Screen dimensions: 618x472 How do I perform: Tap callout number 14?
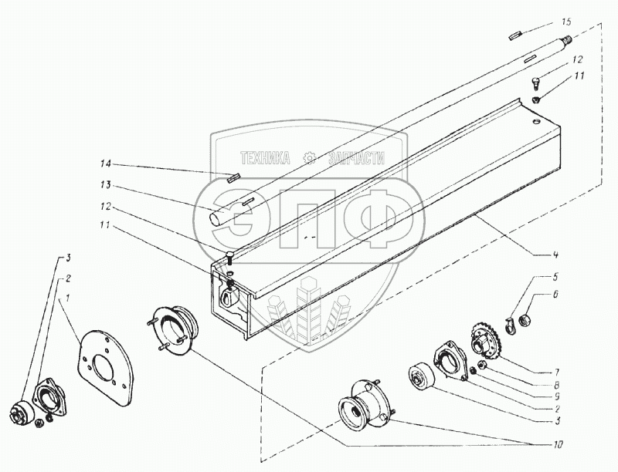click(105, 164)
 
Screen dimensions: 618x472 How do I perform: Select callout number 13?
click(106, 185)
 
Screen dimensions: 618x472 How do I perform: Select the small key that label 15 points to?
click(515, 35)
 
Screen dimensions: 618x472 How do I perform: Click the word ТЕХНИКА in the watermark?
click(265, 158)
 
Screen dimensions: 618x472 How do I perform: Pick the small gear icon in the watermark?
click(311, 158)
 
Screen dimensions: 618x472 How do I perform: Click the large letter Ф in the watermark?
click(372, 219)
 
